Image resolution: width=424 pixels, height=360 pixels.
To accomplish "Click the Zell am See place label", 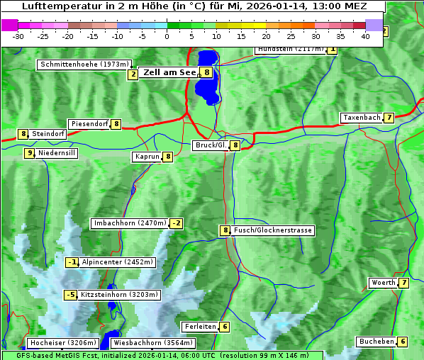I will tap(169, 72).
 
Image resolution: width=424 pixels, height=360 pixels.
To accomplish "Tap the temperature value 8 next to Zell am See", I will tap(206, 72).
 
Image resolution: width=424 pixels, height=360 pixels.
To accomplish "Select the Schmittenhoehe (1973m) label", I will tap(85, 64).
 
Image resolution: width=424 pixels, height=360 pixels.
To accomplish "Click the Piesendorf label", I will tap(89, 124).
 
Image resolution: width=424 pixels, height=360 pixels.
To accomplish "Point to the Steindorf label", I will tap(48, 134).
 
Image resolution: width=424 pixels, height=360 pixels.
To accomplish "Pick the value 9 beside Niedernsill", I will tap(30, 153).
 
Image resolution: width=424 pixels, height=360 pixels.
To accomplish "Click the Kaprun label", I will tap(147, 157).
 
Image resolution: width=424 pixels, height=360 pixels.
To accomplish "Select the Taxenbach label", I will tap(362, 118).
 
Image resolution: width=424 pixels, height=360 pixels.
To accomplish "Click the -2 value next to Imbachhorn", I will tap(176, 224).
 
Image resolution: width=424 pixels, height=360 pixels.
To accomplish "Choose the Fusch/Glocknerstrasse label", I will tap(273, 230).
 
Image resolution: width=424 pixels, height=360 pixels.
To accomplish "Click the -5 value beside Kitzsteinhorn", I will tap(70, 295).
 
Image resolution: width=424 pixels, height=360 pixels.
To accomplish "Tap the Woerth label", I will tap(384, 283).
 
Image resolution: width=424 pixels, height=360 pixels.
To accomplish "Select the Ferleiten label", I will tap(199, 327).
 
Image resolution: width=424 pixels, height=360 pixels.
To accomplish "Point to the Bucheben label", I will tap(376, 342).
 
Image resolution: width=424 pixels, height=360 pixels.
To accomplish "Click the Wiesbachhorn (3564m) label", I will tap(147, 343).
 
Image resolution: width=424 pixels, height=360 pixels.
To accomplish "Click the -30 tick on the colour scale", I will tap(18, 35).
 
